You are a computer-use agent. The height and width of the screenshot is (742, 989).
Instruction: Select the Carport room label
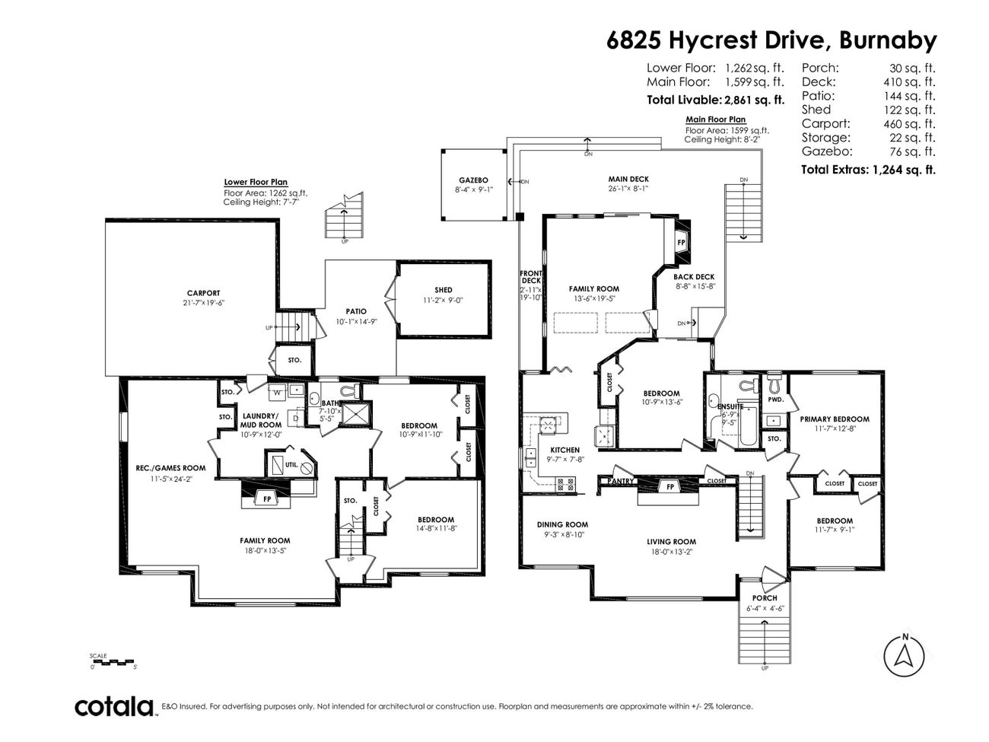coord(203,293)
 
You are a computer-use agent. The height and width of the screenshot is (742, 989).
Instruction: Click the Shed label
coord(444,290)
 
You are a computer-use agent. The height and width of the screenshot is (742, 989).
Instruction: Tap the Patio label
coord(356,311)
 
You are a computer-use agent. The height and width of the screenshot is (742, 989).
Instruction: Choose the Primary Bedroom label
coord(834,419)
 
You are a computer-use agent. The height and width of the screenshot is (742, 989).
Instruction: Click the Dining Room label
coord(562,524)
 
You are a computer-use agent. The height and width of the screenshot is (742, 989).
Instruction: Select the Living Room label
coord(671,542)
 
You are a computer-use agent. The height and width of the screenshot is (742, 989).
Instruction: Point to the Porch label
coord(765,598)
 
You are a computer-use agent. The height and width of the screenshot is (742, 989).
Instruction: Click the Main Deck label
coord(628,179)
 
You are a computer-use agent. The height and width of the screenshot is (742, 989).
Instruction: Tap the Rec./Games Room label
coord(170,468)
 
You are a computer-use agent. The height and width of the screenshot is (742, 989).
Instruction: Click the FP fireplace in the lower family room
coord(267,499)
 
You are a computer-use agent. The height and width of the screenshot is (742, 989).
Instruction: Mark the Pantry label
coord(621,481)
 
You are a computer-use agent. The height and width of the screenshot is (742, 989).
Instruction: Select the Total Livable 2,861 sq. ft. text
coord(715,100)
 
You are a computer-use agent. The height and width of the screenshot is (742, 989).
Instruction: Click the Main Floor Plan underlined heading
coord(715,119)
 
